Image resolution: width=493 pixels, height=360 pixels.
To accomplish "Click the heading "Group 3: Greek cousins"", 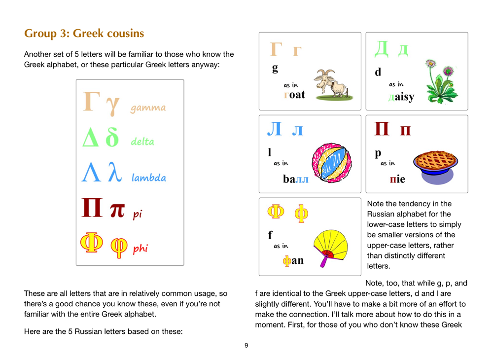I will point(84,34).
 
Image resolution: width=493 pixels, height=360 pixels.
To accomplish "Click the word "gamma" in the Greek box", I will point(148,108).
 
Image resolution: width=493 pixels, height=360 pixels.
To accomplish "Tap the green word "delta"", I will point(142,142).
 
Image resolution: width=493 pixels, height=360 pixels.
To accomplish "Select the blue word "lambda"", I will point(148,178).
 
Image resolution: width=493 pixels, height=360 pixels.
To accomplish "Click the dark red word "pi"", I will point(137,215).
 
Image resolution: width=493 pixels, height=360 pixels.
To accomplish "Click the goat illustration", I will point(330,85).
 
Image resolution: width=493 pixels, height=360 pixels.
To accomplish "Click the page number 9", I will point(246,345).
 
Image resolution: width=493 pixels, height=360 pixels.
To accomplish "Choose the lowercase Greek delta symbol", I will point(112,138).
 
